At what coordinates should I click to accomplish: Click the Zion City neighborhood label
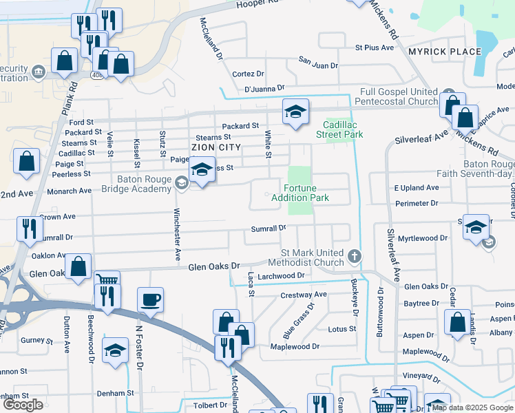[x=216, y=147]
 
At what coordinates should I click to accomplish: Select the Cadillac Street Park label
[x=343, y=129]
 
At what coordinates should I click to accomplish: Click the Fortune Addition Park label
[x=306, y=193]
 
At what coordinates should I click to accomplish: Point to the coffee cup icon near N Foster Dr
[x=150, y=299]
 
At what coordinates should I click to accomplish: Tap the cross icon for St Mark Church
[x=355, y=257]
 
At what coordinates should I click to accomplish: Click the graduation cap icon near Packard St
[x=295, y=111]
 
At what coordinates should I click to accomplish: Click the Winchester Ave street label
[x=177, y=235]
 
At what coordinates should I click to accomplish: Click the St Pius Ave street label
[x=374, y=47]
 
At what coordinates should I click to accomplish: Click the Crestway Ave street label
[x=304, y=295]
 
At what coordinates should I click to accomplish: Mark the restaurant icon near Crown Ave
[x=28, y=229]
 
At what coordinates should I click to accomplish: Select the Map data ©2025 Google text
[x=472, y=407]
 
